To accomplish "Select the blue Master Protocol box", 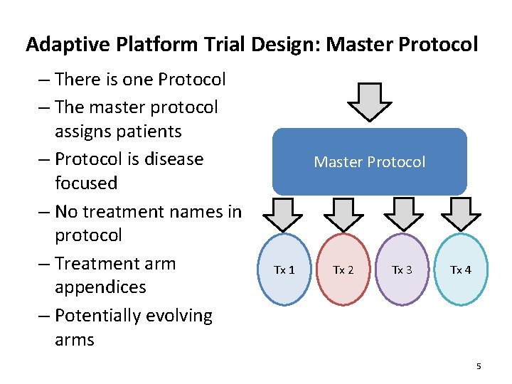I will click(369, 162).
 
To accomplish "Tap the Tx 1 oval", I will click(284, 270).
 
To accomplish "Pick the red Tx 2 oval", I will click(343, 270).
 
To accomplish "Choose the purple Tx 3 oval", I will click(402, 270).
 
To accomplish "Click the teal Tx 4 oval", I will click(461, 270).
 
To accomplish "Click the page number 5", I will click(479, 366).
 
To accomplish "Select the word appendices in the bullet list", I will click(100, 287).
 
